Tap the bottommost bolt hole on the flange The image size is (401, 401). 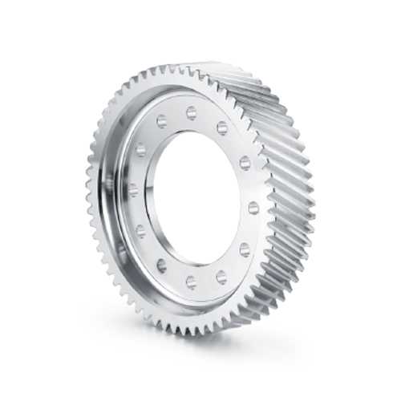191,282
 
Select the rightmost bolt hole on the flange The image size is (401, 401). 253,209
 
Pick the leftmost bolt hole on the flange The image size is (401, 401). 133,191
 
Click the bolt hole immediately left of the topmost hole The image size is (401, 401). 161,122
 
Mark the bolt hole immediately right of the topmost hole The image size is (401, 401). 222,128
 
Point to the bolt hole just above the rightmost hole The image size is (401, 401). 245,163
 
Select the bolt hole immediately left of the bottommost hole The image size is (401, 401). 162,264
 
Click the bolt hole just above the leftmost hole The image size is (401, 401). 141,149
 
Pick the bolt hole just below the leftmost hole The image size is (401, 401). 141,232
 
